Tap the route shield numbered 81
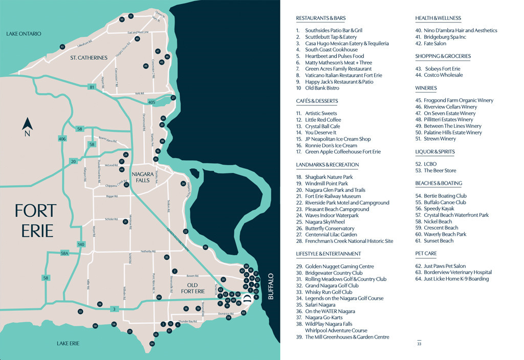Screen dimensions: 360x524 click(92, 87)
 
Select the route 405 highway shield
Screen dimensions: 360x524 click(151, 102)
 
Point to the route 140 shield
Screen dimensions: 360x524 click(80, 244)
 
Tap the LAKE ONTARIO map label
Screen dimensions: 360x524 click(24, 34)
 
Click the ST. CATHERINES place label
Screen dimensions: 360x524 click(89, 58)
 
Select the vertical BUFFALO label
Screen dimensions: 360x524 click(271, 286)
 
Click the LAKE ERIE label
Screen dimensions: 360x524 click(68, 343)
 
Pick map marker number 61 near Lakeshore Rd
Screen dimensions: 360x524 click(62, 47)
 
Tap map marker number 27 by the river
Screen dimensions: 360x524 click(173, 98)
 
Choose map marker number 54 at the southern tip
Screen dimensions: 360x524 click(151, 344)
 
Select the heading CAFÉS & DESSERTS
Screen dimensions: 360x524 click(317, 101)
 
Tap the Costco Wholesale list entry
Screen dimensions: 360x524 click(439, 75)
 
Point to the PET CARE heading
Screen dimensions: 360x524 click(426, 253)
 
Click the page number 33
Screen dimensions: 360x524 click(419, 344)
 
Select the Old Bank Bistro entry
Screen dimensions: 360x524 click(322, 88)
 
